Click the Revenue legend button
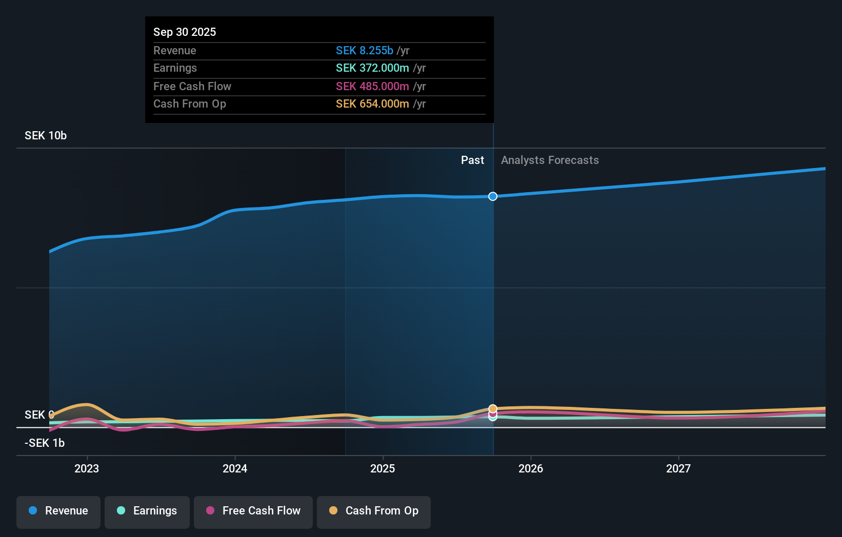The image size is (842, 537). tap(58, 511)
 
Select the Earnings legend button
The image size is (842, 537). tap(147, 511)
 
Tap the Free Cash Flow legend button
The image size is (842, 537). tap(253, 511)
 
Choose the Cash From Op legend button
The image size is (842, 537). tap(374, 511)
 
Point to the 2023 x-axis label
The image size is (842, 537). tap(87, 468)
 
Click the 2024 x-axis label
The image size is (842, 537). tap(235, 468)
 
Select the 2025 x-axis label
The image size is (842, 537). tap(383, 468)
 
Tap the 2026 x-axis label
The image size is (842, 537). tap(531, 468)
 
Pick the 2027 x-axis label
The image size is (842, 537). tap(678, 468)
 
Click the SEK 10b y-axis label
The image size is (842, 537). tap(46, 136)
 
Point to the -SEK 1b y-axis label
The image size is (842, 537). tap(45, 443)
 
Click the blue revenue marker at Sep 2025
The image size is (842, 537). tap(493, 196)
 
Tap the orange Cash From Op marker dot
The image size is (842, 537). tap(493, 408)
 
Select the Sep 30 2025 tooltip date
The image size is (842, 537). tap(185, 32)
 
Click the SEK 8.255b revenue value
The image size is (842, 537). tap(365, 50)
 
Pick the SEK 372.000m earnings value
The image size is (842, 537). tap(372, 68)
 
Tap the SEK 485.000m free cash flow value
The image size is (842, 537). tap(372, 86)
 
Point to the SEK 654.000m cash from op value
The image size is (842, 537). tap(372, 104)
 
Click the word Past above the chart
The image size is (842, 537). tap(472, 160)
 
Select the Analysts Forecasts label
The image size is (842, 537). tap(550, 160)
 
